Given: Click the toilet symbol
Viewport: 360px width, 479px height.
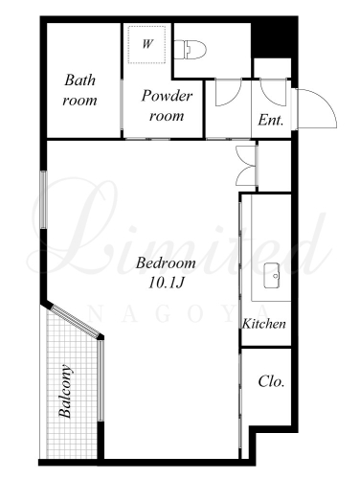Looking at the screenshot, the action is (x=191, y=50).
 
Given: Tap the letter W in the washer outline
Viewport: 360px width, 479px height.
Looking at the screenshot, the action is (x=147, y=43).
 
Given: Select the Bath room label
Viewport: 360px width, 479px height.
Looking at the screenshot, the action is (x=79, y=90).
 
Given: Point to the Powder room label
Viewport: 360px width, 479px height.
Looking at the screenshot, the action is (x=167, y=105).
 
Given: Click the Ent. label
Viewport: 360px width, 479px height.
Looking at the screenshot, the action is (x=271, y=121).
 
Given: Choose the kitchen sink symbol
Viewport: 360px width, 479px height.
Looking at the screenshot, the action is (x=272, y=276).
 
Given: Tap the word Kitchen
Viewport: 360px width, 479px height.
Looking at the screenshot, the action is (x=264, y=324).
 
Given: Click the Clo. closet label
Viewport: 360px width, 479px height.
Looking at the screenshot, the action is (x=271, y=381).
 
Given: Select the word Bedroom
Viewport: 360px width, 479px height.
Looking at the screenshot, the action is (x=166, y=263).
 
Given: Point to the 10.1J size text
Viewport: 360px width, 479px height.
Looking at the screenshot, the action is (x=167, y=283).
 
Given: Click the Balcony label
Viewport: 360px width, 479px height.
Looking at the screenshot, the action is (x=65, y=391).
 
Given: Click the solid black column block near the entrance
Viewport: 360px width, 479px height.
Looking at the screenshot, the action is (x=271, y=37).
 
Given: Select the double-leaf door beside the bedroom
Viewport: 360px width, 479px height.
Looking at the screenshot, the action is (x=246, y=166).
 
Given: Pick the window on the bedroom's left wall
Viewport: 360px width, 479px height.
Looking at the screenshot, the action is (x=44, y=199).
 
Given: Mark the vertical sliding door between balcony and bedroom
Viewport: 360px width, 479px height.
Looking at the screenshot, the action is (x=101, y=380).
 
